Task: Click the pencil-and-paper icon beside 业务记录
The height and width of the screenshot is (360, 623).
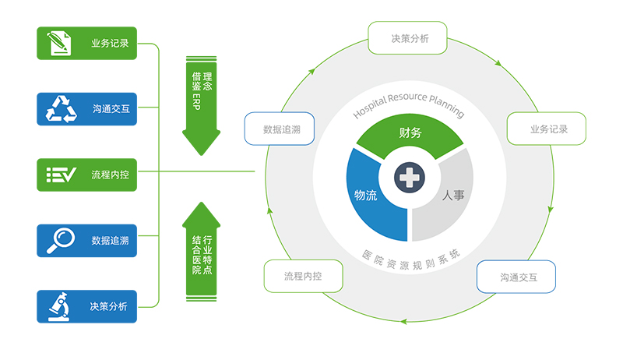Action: click(58, 43)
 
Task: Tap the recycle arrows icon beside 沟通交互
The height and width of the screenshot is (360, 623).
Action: click(62, 109)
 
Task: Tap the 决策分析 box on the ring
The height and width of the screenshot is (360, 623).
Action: click(409, 37)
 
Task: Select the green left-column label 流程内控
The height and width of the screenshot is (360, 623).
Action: click(110, 175)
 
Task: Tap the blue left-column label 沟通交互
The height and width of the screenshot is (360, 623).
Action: click(110, 109)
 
